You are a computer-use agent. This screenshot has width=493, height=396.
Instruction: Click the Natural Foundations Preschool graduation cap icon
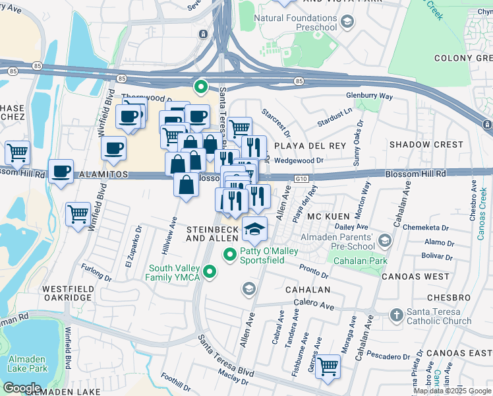[x=347, y=23]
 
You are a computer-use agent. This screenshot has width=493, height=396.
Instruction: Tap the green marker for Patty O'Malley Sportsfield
[x=230, y=254]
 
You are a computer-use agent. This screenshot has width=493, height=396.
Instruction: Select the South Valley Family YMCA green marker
[x=210, y=271]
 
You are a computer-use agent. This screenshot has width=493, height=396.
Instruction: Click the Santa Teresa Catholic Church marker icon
[x=396, y=315]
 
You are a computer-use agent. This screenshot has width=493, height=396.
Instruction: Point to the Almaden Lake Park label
[x=27, y=364]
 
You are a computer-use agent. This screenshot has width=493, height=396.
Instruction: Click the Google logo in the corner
[x=22, y=387]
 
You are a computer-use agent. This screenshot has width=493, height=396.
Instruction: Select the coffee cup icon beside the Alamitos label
[x=61, y=172]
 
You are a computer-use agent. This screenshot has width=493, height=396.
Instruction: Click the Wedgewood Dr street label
[x=300, y=160]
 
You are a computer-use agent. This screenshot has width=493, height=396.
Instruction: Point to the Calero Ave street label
[x=318, y=306]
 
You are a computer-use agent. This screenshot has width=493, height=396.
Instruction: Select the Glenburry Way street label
[x=370, y=96]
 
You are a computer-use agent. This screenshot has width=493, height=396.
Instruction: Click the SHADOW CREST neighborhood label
[x=426, y=145]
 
